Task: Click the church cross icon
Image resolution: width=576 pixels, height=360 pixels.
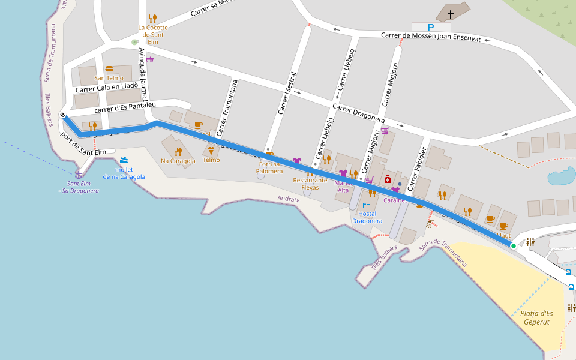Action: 451,13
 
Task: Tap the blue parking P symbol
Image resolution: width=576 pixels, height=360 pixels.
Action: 431,27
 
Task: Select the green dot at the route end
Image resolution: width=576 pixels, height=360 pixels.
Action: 513,246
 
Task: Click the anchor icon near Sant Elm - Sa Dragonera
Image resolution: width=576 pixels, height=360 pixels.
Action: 77,174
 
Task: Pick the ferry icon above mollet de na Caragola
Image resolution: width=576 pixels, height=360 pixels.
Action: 124,160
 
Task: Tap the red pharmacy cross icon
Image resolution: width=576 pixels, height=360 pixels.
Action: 388,179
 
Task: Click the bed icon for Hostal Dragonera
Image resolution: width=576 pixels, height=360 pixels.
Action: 367,205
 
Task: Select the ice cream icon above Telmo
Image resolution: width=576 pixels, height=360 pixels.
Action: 211,151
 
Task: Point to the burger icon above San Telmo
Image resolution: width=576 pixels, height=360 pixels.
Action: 109,69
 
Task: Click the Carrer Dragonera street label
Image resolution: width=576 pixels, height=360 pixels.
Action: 358,114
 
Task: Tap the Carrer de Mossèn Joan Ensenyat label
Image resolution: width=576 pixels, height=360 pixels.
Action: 431,36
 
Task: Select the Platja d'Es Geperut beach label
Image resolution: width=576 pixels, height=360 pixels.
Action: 536,317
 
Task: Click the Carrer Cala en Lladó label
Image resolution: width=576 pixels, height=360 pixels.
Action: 107,88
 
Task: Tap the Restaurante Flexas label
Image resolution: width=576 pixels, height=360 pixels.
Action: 310,184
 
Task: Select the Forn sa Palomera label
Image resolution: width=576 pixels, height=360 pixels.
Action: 269,167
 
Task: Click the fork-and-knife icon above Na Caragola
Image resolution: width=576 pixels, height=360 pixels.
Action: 178,151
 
